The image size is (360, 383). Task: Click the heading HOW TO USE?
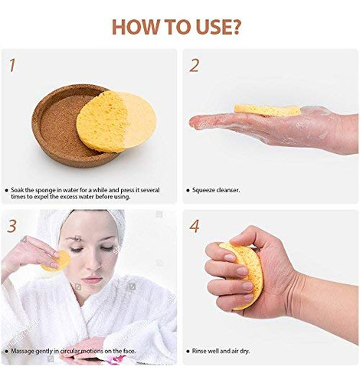(176, 27)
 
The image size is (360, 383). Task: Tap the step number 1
(12, 65)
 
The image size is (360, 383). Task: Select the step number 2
(195, 65)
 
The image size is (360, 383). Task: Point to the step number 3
(12, 226)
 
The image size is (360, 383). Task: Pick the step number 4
(195, 226)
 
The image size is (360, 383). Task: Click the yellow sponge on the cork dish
(116, 122)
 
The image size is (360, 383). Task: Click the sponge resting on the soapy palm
(267, 110)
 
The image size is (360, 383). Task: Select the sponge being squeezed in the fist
(244, 274)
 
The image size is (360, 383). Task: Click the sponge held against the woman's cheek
(57, 261)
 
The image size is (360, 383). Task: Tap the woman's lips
(92, 280)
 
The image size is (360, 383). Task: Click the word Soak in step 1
(17, 190)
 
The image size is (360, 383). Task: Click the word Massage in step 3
(22, 352)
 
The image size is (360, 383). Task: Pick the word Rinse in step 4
(199, 351)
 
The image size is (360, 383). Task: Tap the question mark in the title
(234, 27)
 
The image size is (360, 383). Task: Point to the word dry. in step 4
(244, 352)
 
